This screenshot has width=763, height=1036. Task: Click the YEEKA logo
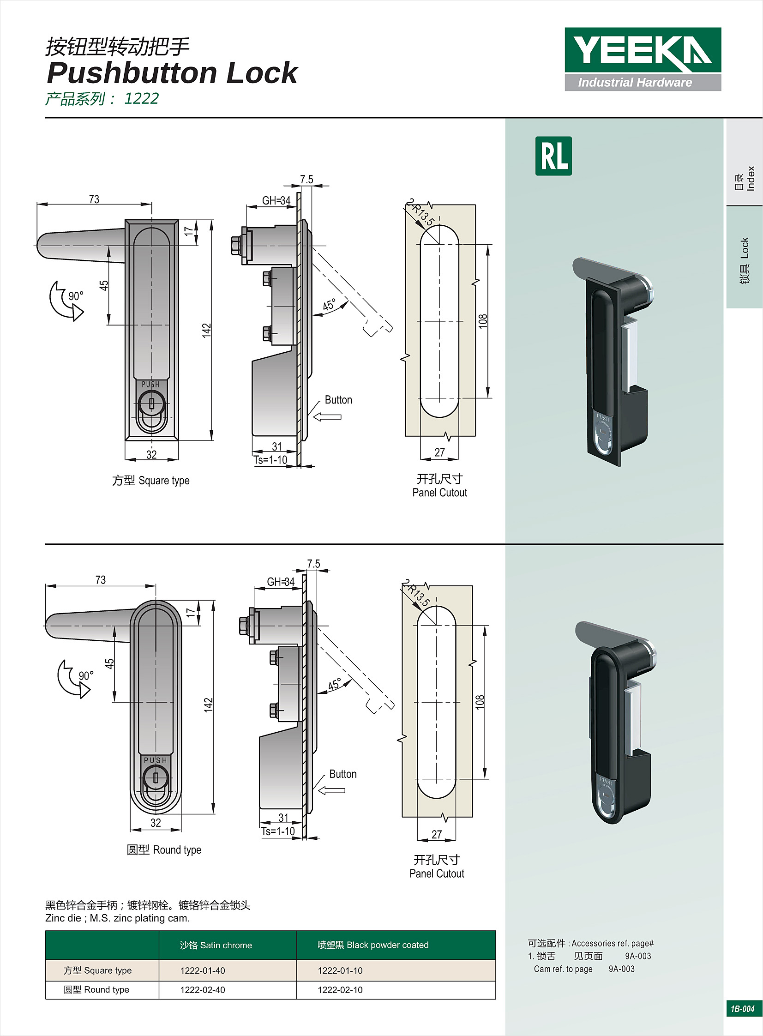pyautogui.click(x=643, y=59)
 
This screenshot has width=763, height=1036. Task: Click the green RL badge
pyautogui.click(x=553, y=156)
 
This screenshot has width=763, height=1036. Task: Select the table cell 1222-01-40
pyautogui.click(x=203, y=970)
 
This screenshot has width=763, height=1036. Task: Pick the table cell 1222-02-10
pyautogui.click(x=340, y=990)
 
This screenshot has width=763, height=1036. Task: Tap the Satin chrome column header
pyautogui.click(x=216, y=945)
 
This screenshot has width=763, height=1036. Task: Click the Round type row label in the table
pyautogui.click(x=96, y=990)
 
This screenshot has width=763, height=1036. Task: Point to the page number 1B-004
pyautogui.click(x=742, y=1009)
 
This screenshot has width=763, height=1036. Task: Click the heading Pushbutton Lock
pyautogui.click(x=172, y=73)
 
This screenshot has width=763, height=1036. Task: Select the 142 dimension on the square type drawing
pyautogui.click(x=206, y=330)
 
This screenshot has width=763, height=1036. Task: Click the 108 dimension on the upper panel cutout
pyautogui.click(x=483, y=321)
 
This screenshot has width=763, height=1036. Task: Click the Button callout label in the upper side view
pyautogui.click(x=338, y=400)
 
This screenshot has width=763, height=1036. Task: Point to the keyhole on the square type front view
pyautogui.click(x=151, y=403)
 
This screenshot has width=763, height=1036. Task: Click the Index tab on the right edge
pyautogui.click(x=745, y=178)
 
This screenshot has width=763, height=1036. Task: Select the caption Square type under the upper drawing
pyautogui.click(x=151, y=481)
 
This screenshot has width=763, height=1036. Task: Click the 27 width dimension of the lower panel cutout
pyautogui.click(x=437, y=834)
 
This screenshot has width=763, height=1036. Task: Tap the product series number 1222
pyautogui.click(x=141, y=99)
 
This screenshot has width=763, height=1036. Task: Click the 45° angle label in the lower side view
pyautogui.click(x=334, y=684)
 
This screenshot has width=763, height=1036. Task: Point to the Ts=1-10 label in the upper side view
pyautogui.click(x=270, y=460)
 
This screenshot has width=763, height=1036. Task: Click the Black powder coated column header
pyautogui.click(x=373, y=945)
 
